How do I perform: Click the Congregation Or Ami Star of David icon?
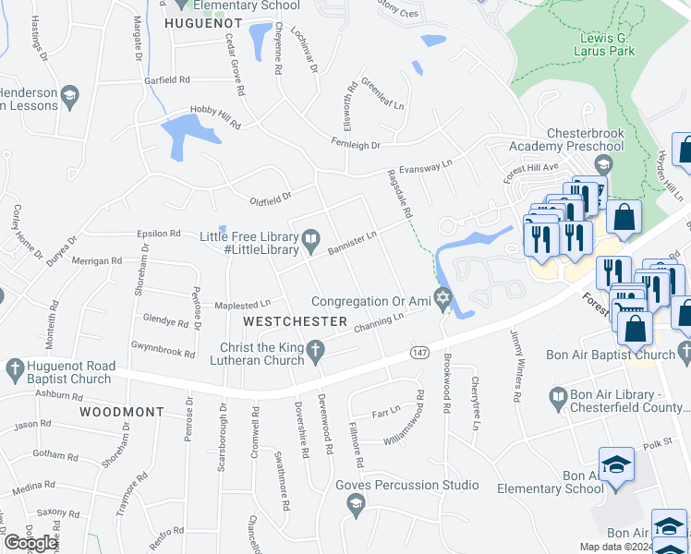click(443, 300)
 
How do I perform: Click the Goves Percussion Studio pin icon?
click(355, 502)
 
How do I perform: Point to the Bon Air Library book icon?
click(557, 398)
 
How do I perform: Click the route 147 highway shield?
click(419, 354)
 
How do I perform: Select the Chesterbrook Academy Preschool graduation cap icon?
click(603, 165)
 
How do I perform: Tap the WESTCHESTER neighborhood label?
click(295, 321)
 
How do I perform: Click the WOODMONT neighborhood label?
click(121, 411)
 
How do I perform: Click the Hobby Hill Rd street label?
click(214, 115)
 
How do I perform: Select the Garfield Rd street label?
click(166, 80)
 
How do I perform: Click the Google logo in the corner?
click(30, 543)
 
